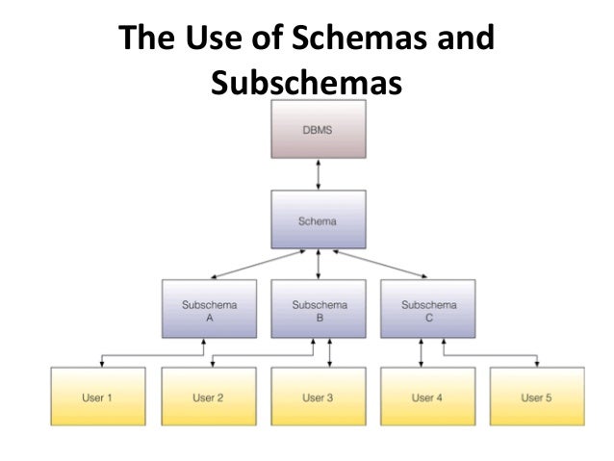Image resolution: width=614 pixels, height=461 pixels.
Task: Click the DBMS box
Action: point(319,131)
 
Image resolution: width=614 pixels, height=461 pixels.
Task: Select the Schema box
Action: point(319,220)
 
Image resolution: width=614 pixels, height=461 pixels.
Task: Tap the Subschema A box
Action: point(209,309)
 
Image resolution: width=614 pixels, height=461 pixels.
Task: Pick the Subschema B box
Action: point(319,309)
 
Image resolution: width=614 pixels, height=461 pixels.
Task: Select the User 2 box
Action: point(209,397)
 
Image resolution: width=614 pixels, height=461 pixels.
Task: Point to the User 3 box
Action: point(319,397)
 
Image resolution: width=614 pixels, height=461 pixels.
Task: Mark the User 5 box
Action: point(537,397)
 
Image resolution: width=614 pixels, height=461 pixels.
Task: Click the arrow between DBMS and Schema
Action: point(319,175)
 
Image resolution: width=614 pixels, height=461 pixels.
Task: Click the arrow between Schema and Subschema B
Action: point(319,265)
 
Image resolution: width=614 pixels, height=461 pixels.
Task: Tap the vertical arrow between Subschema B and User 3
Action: point(331,352)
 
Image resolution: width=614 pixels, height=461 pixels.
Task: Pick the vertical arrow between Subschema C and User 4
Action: point(421,352)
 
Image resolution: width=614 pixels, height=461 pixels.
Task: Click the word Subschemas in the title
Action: point(303,85)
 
